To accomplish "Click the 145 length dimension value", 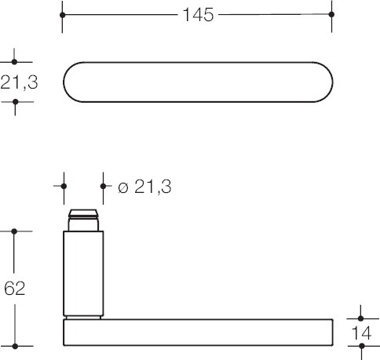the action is (x=198, y=15).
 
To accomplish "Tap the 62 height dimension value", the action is (x=15, y=289).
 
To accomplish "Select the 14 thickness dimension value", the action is (x=361, y=333).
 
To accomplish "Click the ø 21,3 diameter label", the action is (x=144, y=187).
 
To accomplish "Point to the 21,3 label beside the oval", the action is (x=19, y=82).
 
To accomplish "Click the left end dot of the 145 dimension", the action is (x=62, y=15).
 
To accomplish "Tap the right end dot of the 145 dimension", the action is (x=331, y=14).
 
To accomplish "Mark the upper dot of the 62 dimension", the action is (x=14, y=231).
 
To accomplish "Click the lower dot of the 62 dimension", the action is (x=15, y=346).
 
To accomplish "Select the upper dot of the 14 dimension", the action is (x=360, y=318).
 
